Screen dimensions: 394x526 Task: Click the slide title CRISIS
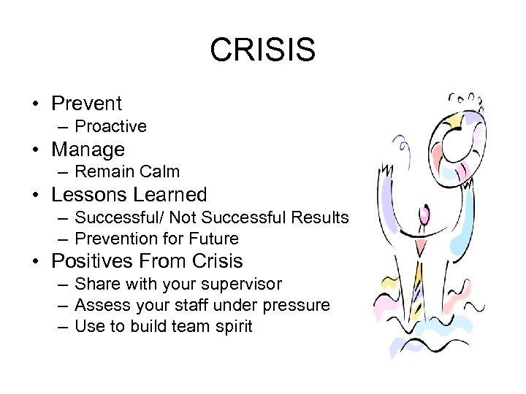point(262,50)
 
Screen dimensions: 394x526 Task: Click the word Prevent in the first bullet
point(86,104)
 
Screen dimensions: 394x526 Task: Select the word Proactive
point(110,126)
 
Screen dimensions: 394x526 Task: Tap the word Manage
point(88,150)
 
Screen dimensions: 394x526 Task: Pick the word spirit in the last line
point(232,326)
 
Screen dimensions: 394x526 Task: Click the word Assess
point(100,305)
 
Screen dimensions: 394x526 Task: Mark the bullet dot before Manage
point(36,150)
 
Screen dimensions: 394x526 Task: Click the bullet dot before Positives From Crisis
point(36,262)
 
